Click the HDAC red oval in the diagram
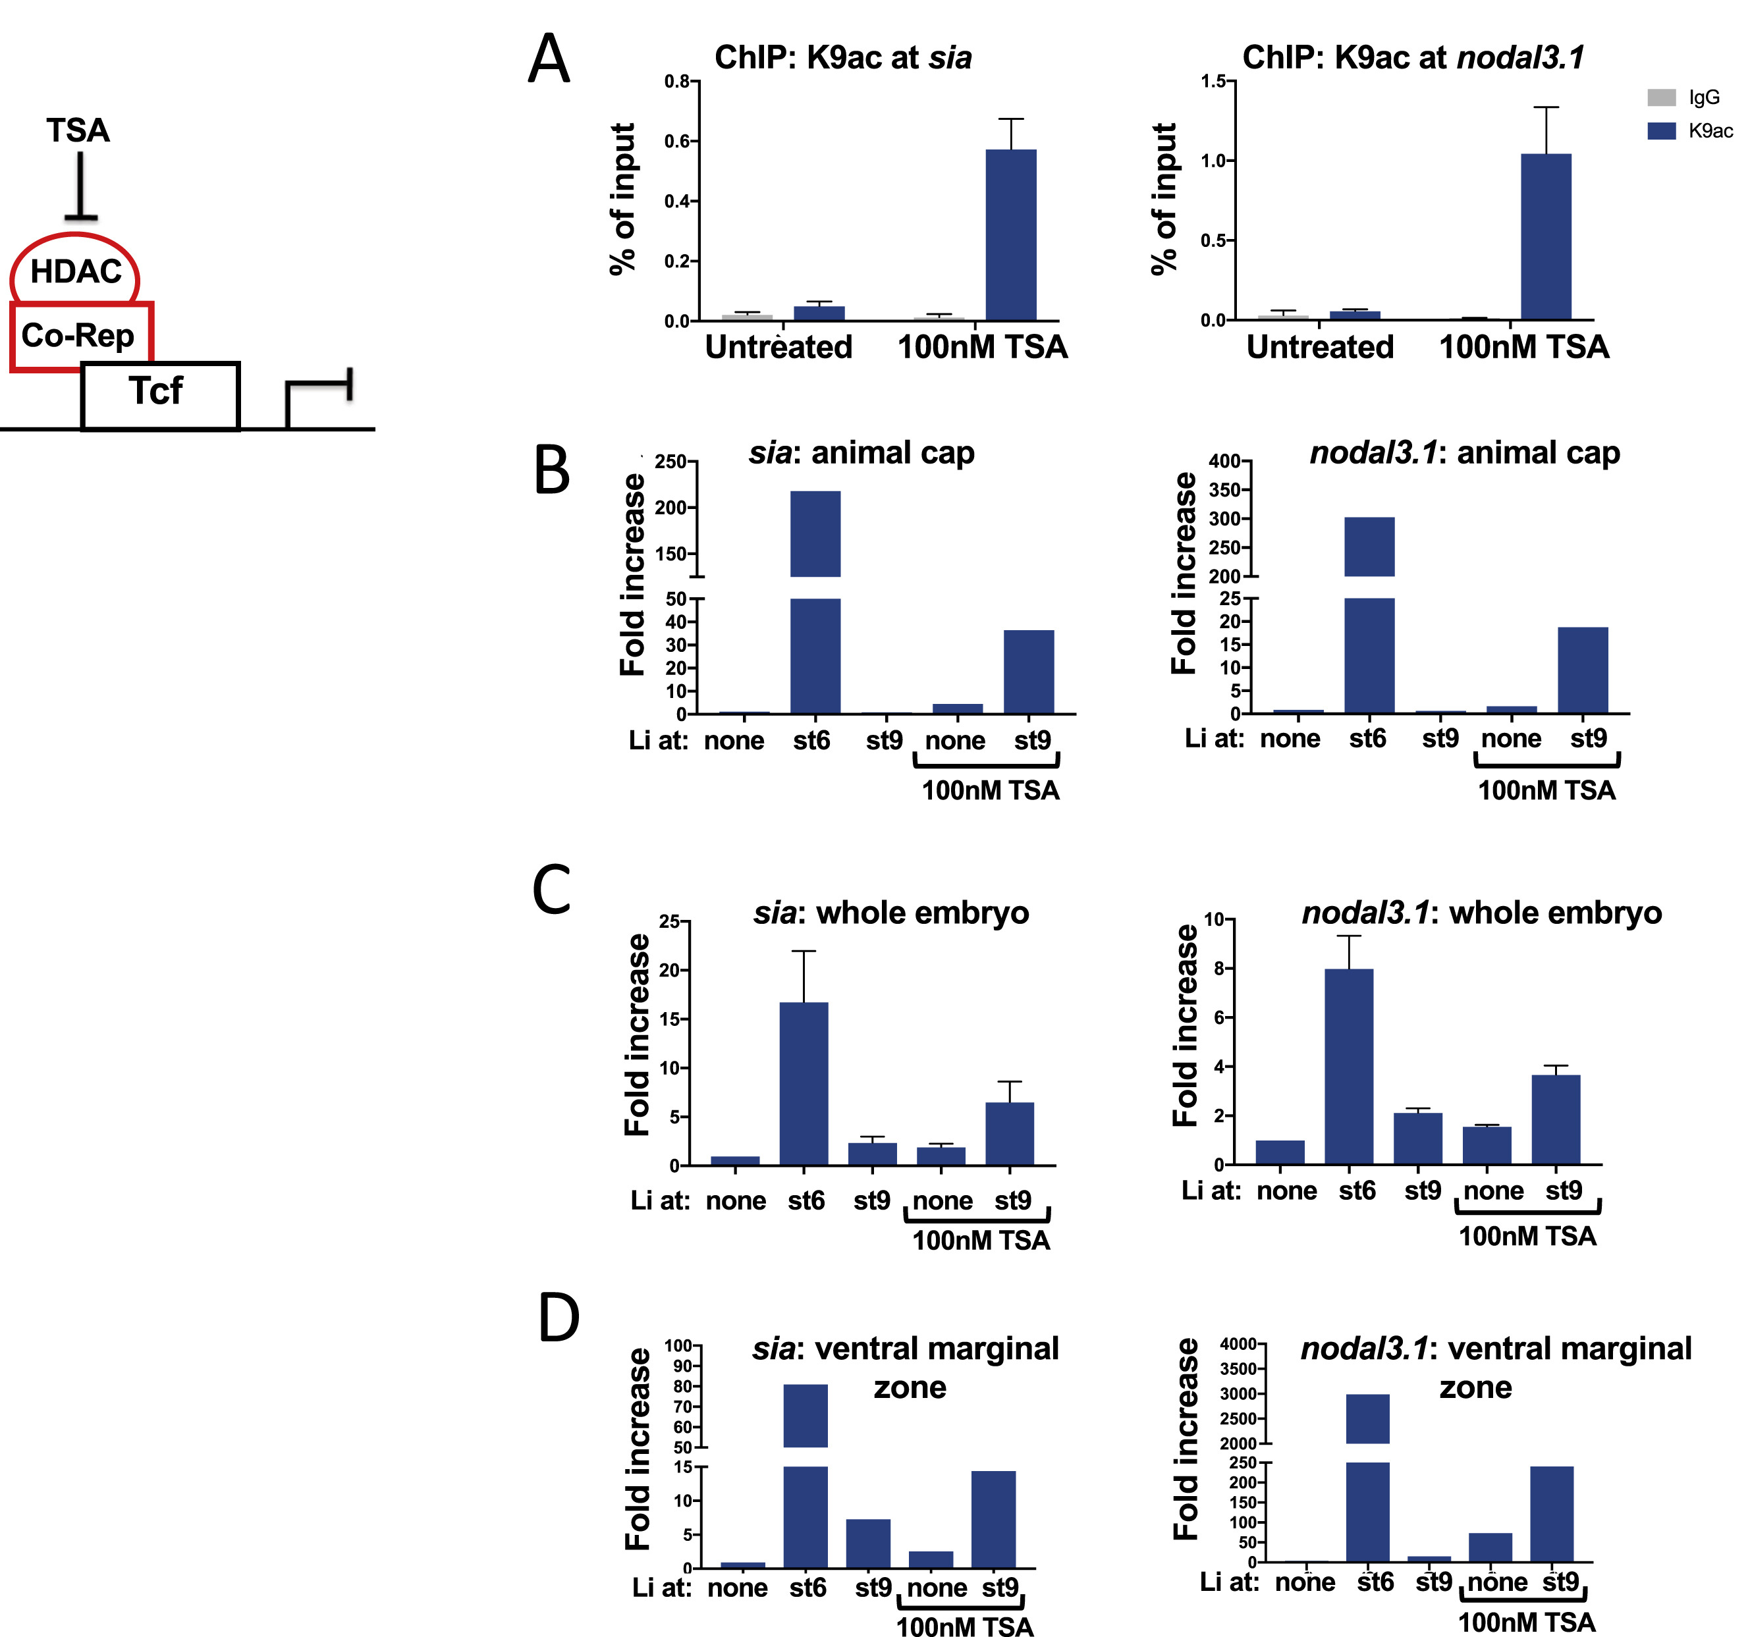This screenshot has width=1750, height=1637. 75,270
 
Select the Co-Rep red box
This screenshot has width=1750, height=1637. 79,335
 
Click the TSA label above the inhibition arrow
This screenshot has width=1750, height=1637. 78,130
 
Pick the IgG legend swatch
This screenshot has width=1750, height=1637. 1661,97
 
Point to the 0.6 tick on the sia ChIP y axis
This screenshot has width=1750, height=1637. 677,141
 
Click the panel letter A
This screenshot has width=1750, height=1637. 549,60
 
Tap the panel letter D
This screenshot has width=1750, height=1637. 558,1318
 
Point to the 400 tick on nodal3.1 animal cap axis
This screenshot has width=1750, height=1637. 1224,461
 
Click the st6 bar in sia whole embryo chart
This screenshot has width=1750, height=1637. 804,1083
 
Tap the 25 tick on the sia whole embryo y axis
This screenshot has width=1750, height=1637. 670,921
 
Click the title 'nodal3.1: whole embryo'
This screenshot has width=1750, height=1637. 1481,913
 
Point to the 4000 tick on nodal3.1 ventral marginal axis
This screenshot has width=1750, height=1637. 1238,1344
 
